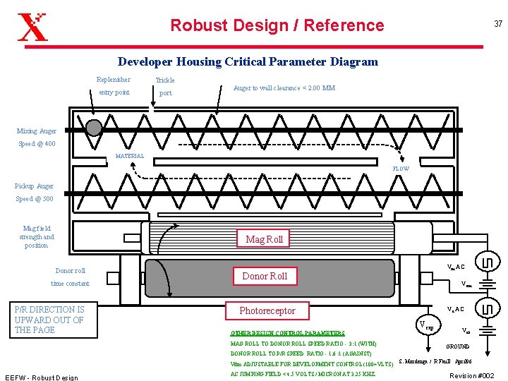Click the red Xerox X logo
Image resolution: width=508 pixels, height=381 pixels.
point(32,26)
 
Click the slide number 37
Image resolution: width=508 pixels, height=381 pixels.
point(498,24)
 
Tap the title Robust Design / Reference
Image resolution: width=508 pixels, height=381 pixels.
point(277,25)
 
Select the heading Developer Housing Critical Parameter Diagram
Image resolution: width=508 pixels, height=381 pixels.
point(248,61)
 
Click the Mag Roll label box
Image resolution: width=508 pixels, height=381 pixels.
point(264,239)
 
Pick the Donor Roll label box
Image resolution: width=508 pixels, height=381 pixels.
point(265,276)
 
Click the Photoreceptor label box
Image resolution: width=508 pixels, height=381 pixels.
point(267,310)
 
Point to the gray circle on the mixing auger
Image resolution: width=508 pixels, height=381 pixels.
point(93,127)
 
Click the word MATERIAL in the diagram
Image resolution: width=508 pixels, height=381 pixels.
point(129,156)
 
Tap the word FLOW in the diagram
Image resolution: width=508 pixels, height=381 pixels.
point(400,169)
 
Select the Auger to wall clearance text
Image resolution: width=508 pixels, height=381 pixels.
point(284,88)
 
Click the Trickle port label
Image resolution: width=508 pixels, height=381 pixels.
point(165,86)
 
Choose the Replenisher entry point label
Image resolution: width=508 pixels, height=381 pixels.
point(114,86)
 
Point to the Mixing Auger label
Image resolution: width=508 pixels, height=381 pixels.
point(37,131)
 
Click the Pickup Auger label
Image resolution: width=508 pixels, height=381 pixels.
point(34,186)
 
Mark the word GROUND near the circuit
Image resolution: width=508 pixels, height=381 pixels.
point(459,346)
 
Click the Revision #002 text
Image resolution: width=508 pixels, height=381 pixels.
point(472,375)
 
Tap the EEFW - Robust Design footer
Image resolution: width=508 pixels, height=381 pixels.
point(41,377)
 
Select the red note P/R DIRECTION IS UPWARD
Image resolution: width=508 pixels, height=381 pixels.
point(49,320)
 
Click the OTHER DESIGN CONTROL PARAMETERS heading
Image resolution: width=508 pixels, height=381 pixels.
point(287,333)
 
